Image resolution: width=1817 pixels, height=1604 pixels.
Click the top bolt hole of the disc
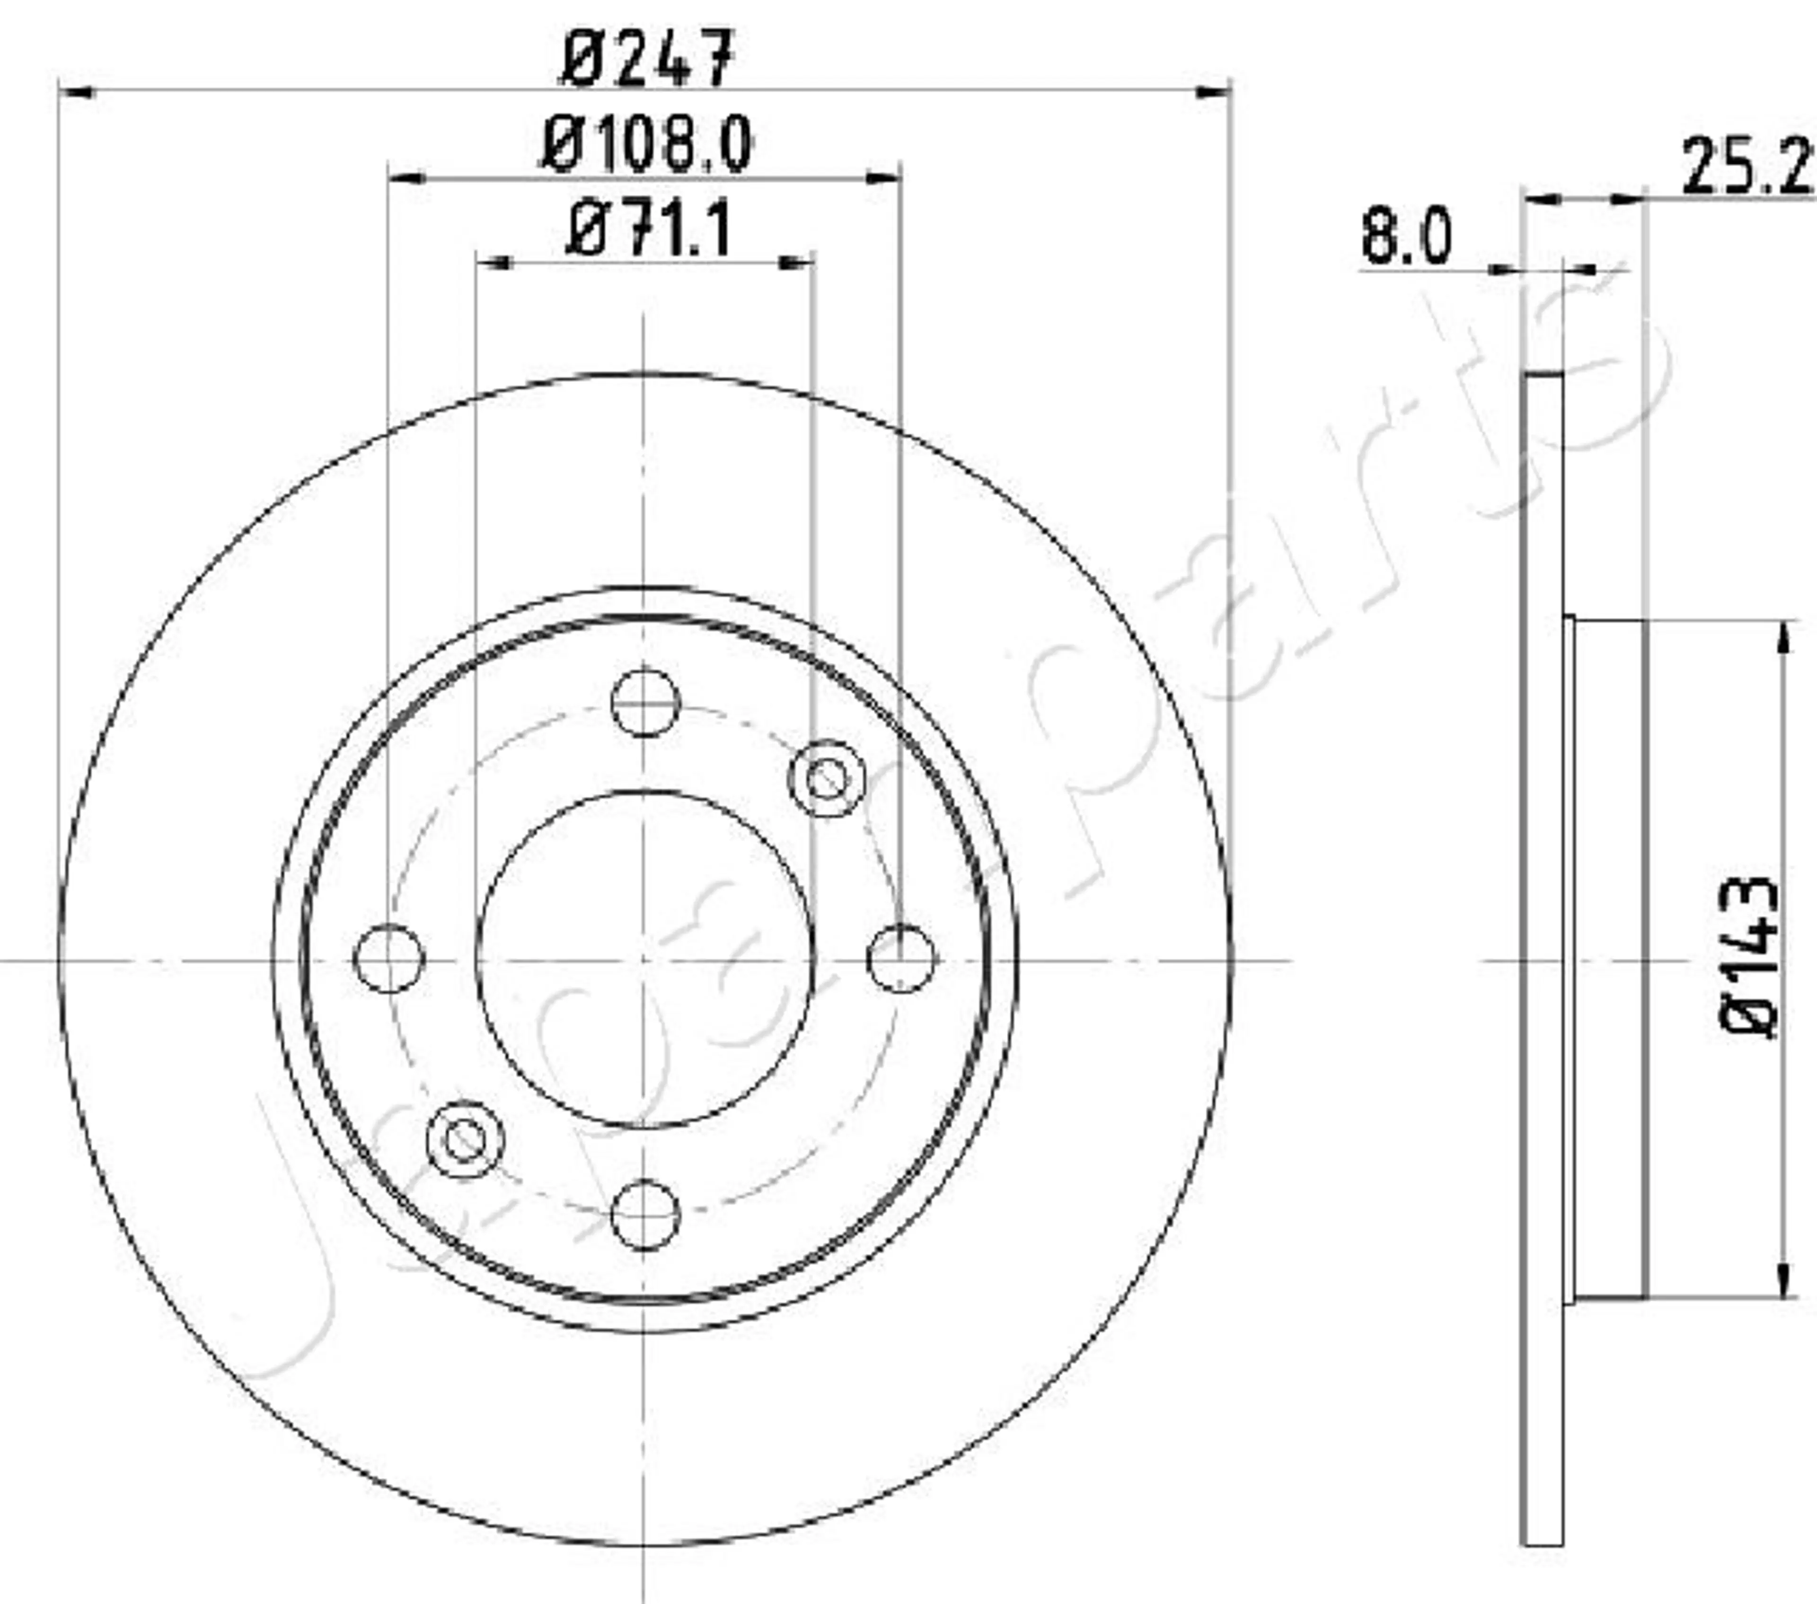click(645, 703)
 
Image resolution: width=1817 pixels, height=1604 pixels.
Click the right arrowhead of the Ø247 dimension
click(1213, 91)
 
